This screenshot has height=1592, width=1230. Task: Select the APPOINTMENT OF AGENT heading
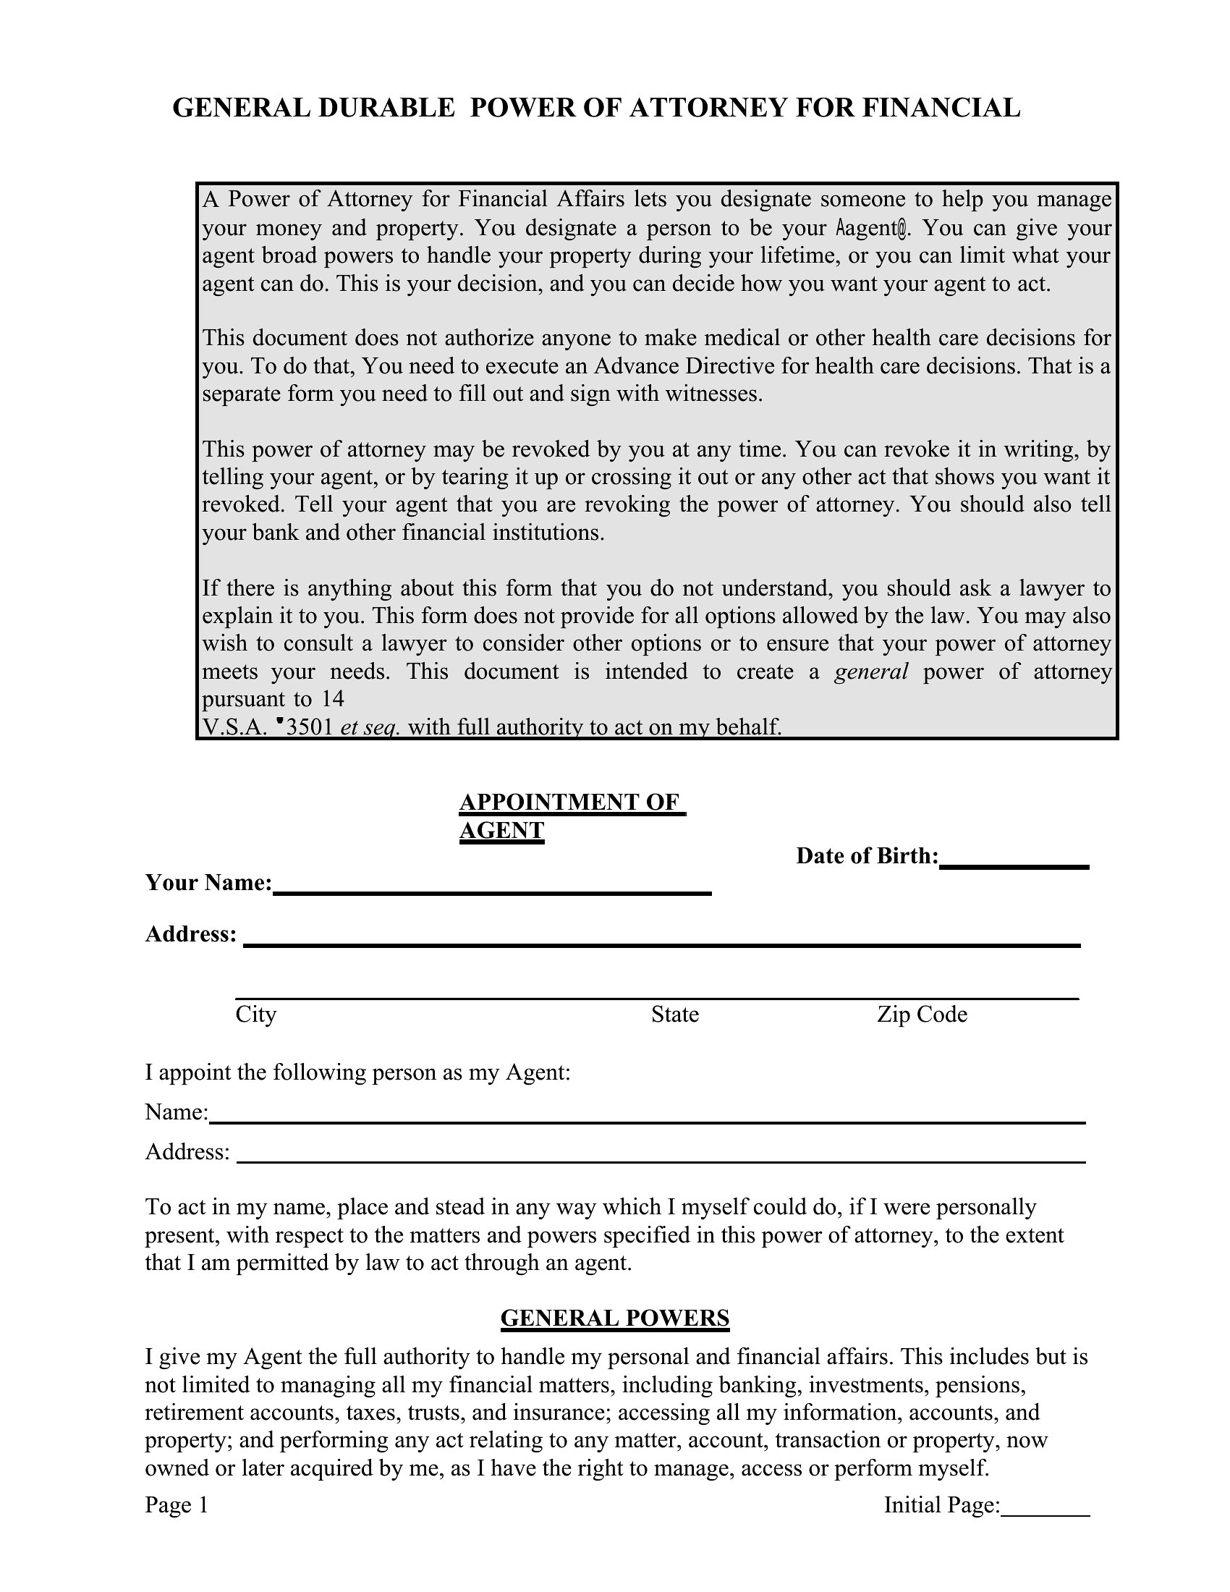point(573,816)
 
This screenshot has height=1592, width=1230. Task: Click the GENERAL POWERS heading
point(615,1318)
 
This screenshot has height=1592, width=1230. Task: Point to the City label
point(255,1015)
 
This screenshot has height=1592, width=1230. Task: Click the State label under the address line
point(675,1015)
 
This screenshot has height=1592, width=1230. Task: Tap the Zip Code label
point(922,1015)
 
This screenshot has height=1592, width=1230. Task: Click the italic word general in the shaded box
point(870,672)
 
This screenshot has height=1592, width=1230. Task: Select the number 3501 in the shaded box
point(310,727)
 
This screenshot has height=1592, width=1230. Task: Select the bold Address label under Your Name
point(191,934)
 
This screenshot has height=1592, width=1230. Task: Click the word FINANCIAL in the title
point(941,108)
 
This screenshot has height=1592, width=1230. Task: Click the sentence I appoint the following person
point(357,1072)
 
